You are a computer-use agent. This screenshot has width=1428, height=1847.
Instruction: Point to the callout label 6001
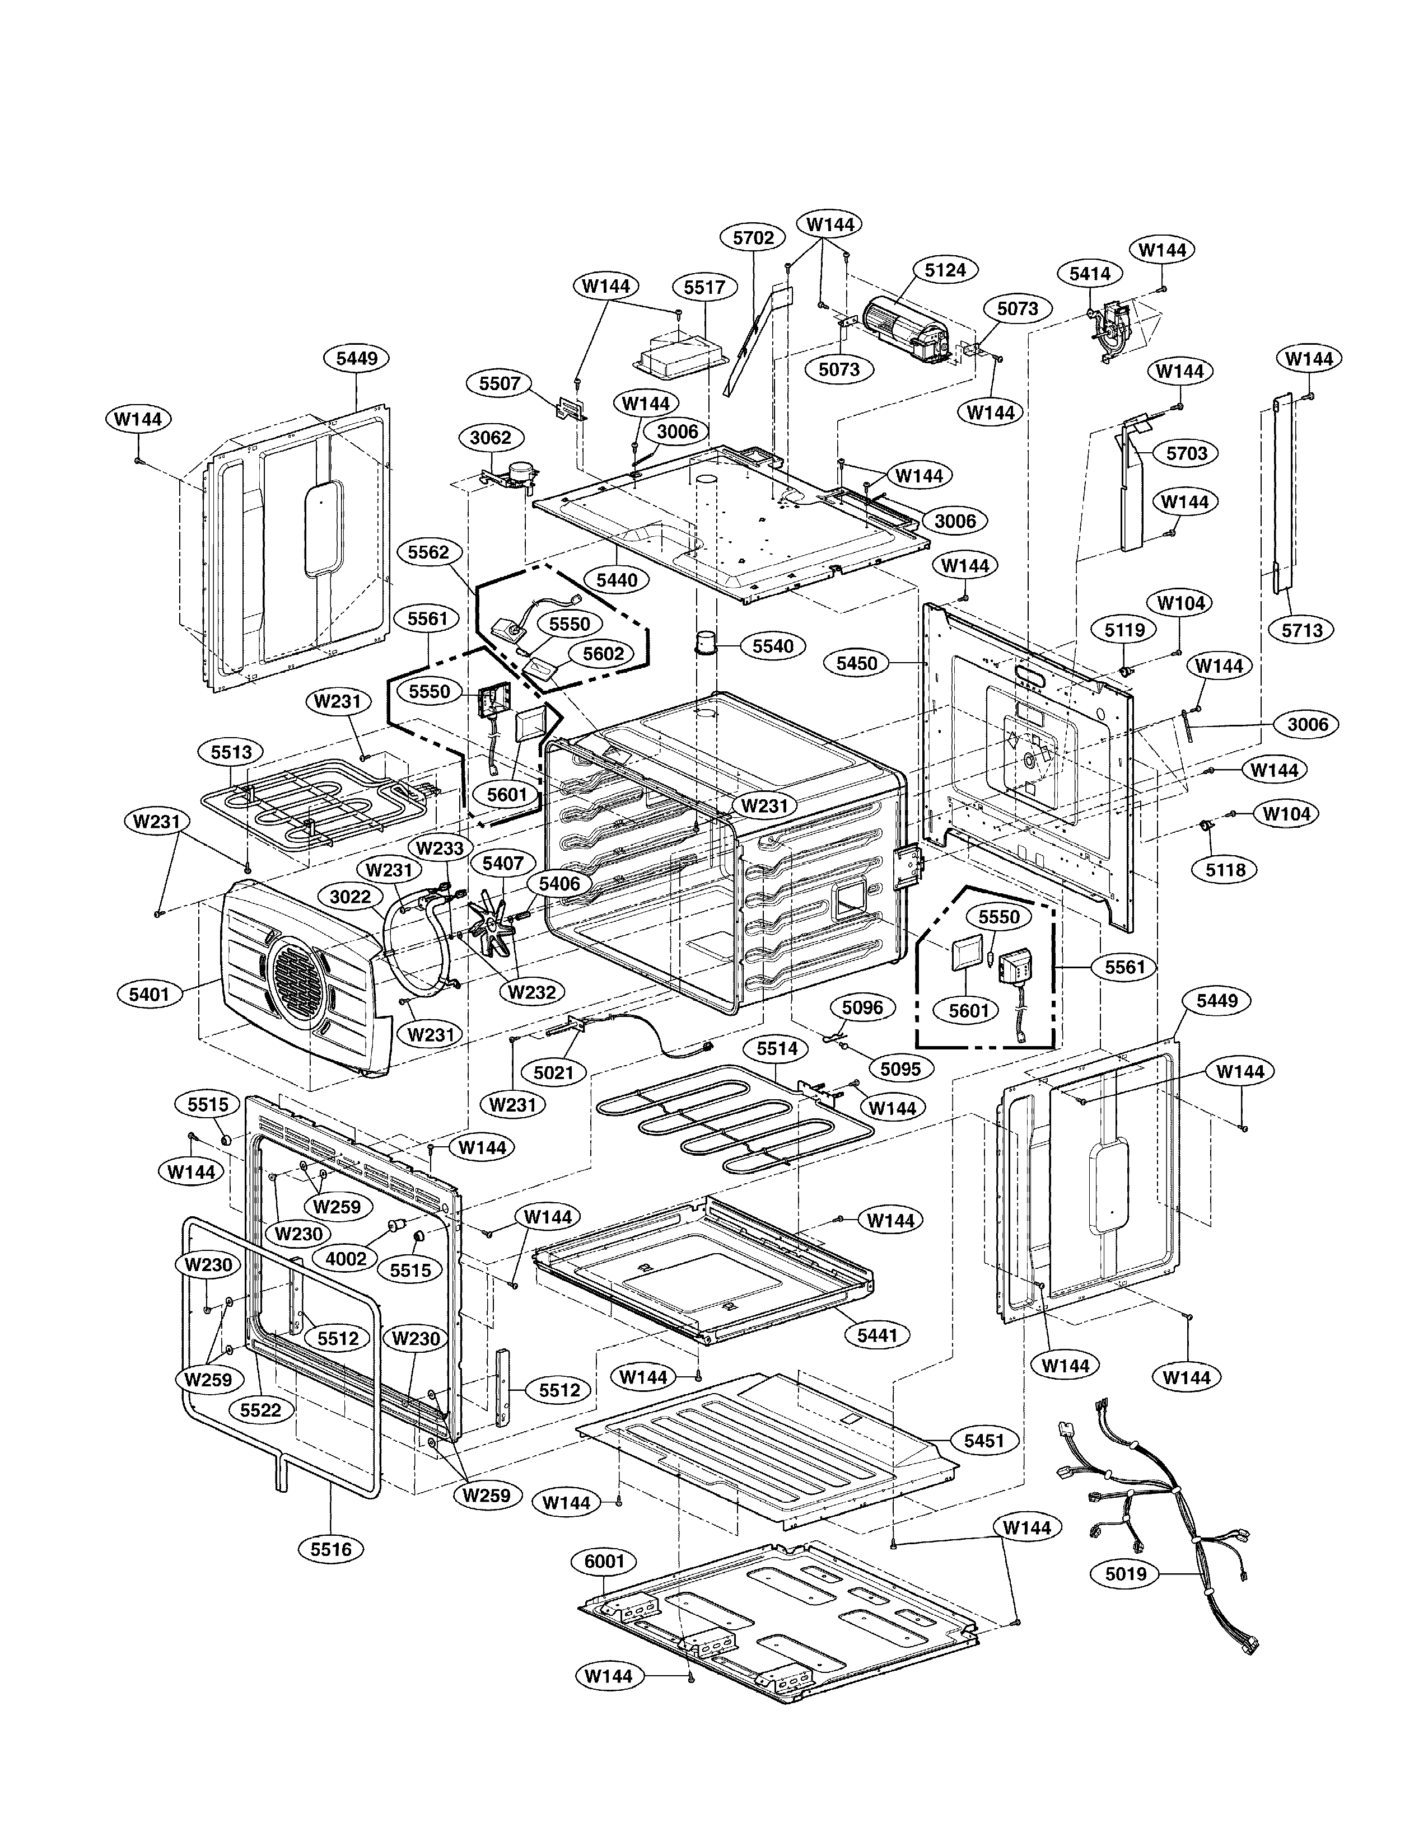[x=604, y=1561]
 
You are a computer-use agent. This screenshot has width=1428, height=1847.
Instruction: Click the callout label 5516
[x=331, y=1549]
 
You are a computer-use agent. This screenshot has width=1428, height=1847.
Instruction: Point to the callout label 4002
[x=346, y=1258]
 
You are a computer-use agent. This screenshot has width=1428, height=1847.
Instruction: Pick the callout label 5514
[x=777, y=1049]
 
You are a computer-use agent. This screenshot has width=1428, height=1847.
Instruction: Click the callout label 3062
[x=491, y=437]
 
